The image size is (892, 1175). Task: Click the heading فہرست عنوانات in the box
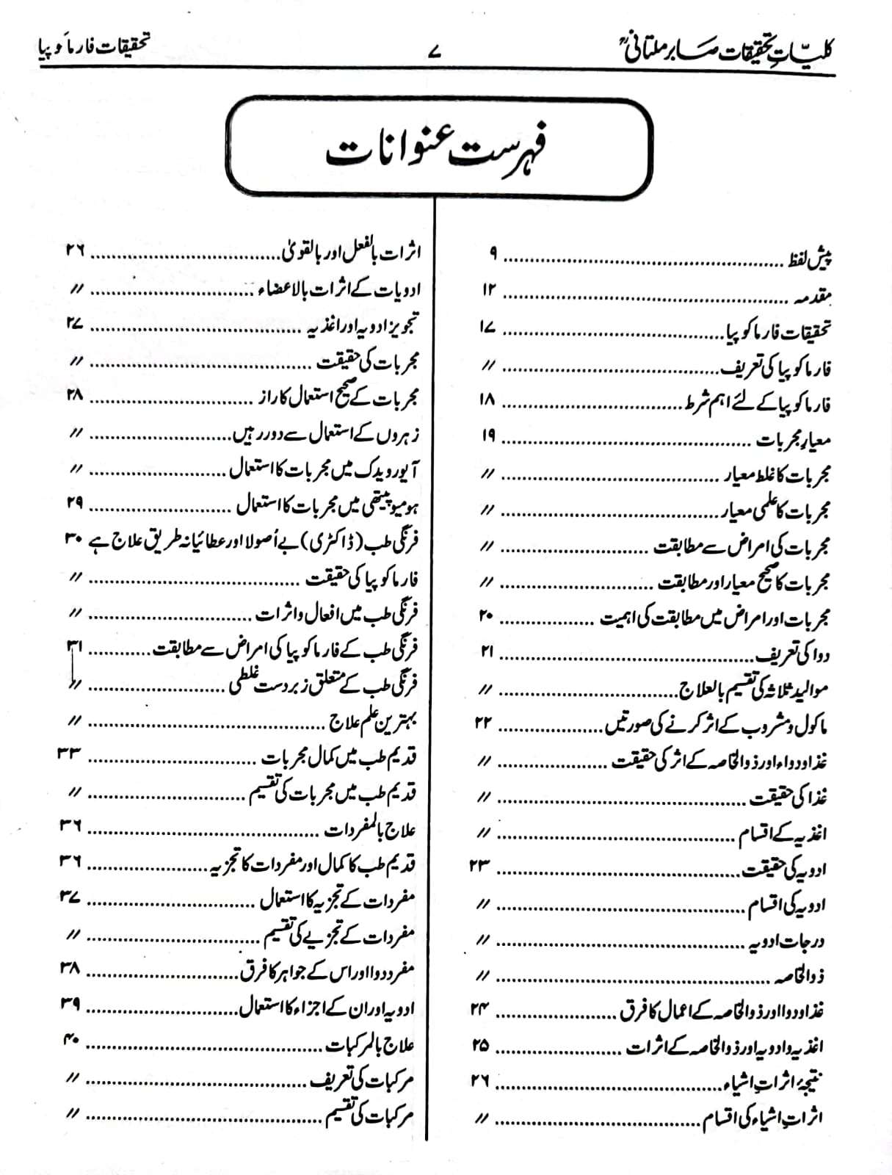click(x=438, y=150)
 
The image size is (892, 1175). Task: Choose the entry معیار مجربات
click(x=794, y=440)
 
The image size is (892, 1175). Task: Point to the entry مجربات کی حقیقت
click(x=368, y=363)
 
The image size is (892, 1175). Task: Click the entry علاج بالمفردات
click(x=371, y=831)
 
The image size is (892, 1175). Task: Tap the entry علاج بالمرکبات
click(x=371, y=1045)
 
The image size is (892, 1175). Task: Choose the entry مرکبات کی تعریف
click(x=363, y=1081)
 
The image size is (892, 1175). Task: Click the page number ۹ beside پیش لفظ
click(x=493, y=255)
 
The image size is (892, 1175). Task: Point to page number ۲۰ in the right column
click(x=487, y=616)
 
